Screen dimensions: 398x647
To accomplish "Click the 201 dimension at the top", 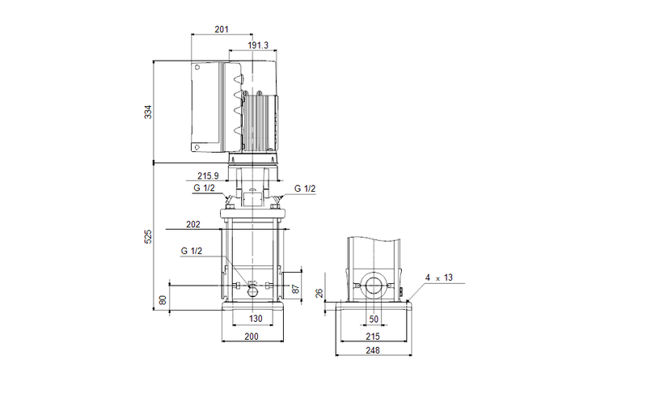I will point(222,29).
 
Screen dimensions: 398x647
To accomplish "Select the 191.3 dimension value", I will point(259,46).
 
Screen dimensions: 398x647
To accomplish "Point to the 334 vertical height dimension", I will point(148,112).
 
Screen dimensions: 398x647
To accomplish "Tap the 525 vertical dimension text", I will point(148,236).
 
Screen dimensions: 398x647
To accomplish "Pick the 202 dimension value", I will point(192,225).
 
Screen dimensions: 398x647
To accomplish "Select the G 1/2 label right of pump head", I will point(305,188).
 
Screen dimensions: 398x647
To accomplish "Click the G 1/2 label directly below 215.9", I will point(205,188).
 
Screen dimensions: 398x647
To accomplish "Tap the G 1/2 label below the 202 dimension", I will point(192,252).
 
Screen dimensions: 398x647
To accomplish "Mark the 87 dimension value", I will point(296,288).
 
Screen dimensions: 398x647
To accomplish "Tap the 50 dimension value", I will point(374,318).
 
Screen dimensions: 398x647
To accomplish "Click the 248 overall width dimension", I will point(374,351).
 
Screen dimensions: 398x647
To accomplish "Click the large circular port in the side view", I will point(374,286).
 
